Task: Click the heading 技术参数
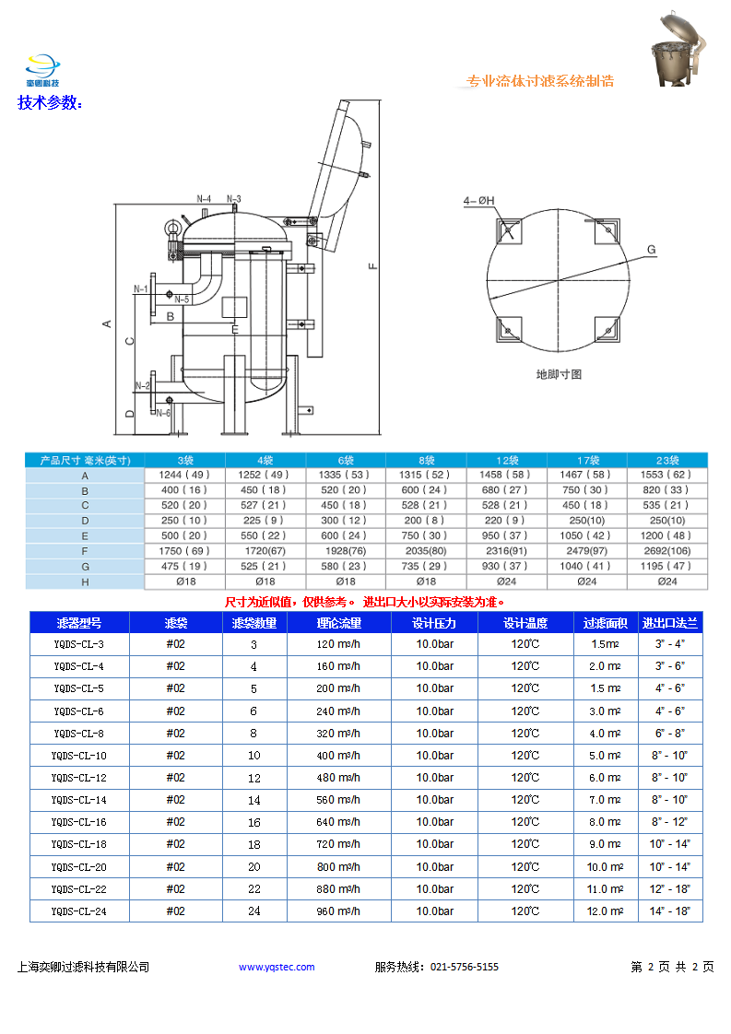[x=50, y=102]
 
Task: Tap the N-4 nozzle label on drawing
[x=204, y=199]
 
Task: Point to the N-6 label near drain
[x=162, y=413]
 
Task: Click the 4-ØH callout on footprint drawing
[x=479, y=200]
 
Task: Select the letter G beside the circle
[x=651, y=250]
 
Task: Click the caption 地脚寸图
[x=559, y=374]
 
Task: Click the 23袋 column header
[x=667, y=460]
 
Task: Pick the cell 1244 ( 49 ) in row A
[x=184, y=475]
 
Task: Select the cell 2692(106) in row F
[x=667, y=551]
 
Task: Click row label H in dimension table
[x=85, y=582]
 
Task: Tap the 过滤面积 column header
[x=606, y=623]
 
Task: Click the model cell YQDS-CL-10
[x=79, y=756]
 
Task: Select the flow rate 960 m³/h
[x=338, y=911]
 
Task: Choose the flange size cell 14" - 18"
[x=671, y=911]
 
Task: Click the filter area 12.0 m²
[x=606, y=911]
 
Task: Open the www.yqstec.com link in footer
[x=277, y=967]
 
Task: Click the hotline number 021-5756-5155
[x=465, y=967]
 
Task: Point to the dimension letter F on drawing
[x=372, y=266]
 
